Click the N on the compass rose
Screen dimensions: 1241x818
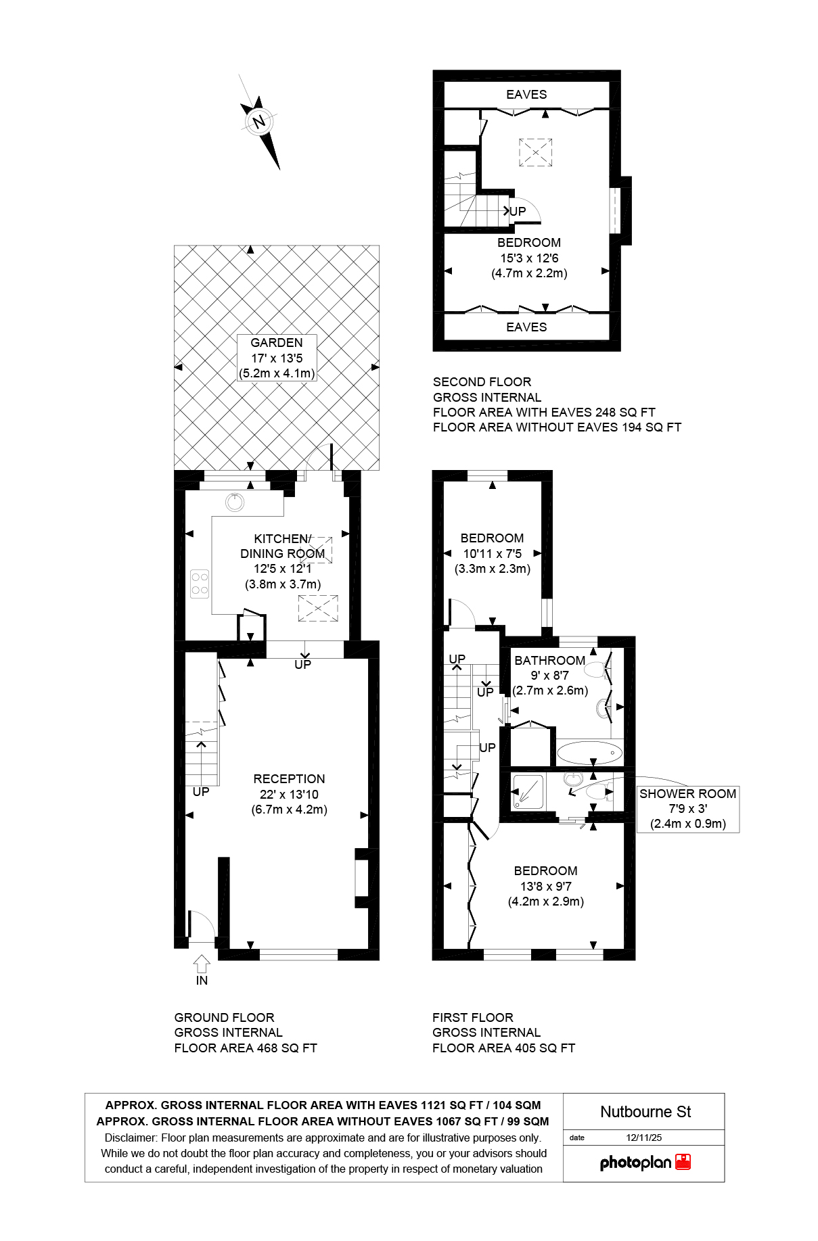click(x=258, y=122)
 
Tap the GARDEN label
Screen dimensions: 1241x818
click(x=276, y=343)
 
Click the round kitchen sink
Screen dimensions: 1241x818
click(x=235, y=502)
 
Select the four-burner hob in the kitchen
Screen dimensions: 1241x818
click(x=200, y=584)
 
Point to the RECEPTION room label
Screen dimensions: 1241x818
click(x=289, y=779)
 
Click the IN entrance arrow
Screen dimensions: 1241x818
click(x=202, y=964)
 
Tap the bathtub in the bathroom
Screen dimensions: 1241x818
click(x=589, y=752)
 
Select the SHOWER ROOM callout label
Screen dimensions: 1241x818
click(x=687, y=794)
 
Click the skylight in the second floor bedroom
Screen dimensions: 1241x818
click(x=536, y=152)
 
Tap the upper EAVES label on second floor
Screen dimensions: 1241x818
click(x=526, y=95)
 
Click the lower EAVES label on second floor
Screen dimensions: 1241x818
click(x=526, y=327)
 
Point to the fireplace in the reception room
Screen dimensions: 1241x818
click(x=361, y=878)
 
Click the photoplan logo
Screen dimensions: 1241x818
click(x=645, y=1163)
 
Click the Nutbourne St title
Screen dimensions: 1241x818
click(x=645, y=1112)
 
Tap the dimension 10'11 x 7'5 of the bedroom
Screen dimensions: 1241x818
click(x=492, y=553)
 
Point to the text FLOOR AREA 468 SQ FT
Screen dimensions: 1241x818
click(x=246, y=1048)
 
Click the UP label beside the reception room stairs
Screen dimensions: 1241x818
click(x=201, y=791)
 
